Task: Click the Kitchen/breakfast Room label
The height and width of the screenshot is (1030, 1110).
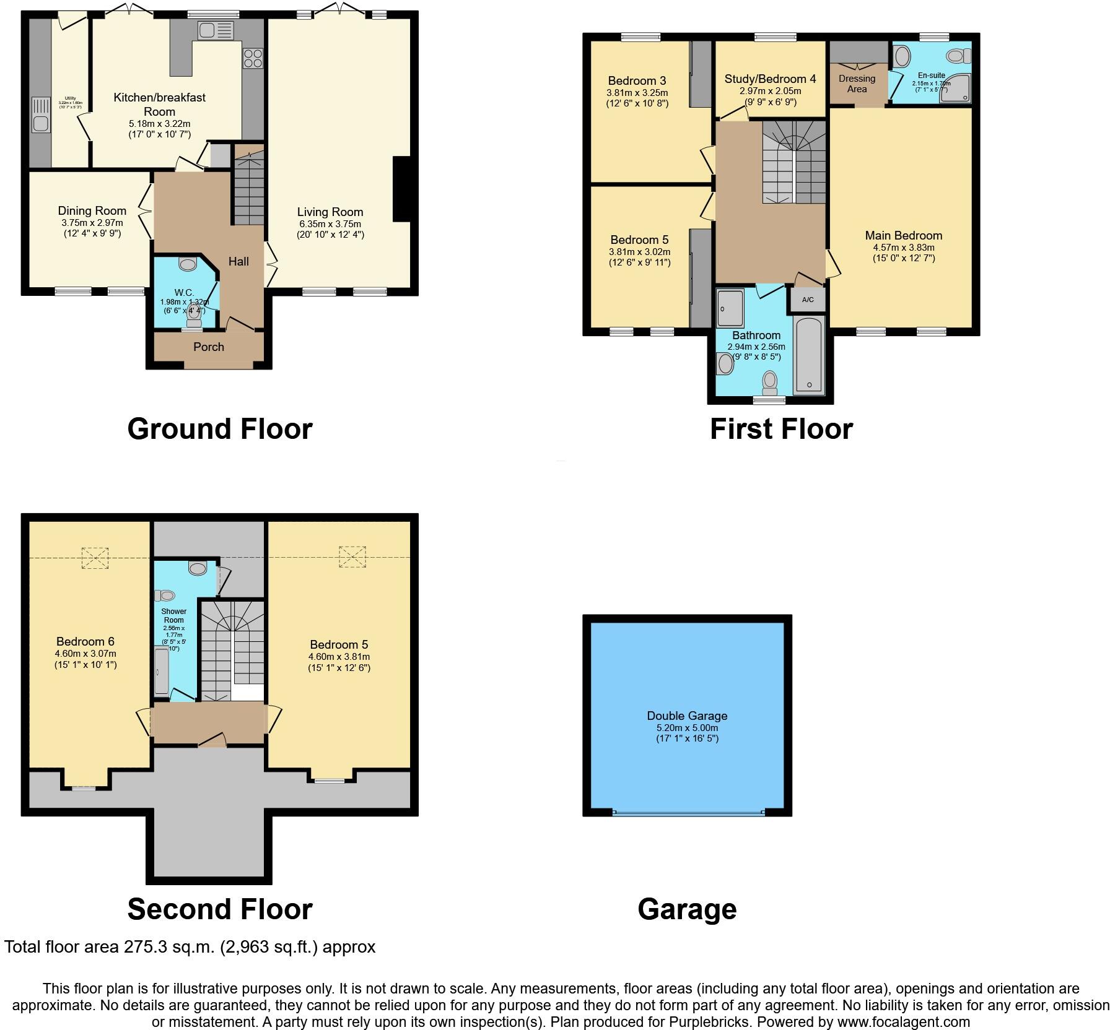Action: click(159, 104)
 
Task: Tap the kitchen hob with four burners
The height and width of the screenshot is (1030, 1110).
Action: click(253, 58)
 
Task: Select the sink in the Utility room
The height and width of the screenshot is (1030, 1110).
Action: click(40, 123)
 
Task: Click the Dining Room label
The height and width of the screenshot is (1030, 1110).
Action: click(92, 211)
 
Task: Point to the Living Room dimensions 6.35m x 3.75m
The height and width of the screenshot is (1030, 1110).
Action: click(330, 224)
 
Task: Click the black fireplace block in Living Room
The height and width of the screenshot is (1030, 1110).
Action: click(401, 189)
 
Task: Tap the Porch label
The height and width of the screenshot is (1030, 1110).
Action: click(209, 347)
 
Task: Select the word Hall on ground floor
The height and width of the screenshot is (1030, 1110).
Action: click(238, 261)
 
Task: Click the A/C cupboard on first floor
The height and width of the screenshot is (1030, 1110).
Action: click(808, 300)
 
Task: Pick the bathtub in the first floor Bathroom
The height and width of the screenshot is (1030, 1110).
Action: click(809, 354)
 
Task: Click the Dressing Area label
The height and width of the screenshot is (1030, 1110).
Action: click(857, 84)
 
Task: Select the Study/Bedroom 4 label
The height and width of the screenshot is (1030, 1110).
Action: click(770, 79)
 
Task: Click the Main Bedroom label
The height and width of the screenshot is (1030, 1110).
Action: click(903, 235)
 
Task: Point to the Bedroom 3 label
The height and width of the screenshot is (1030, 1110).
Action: click(637, 80)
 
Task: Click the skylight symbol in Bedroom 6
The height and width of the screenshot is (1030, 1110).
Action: click(95, 557)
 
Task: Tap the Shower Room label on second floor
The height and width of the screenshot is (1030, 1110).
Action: click(174, 615)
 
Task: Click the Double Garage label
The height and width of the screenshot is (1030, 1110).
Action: click(687, 716)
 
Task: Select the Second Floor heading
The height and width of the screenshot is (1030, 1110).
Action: click(220, 909)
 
